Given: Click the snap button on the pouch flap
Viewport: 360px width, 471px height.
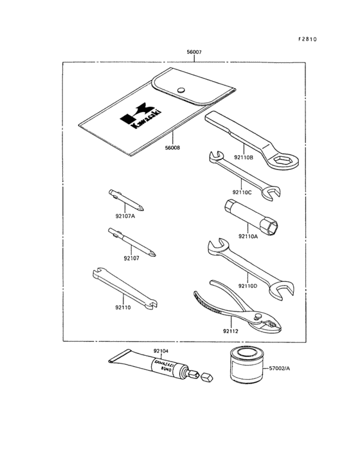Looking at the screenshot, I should point(181,91).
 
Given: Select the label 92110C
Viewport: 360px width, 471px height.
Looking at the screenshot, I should point(244,192).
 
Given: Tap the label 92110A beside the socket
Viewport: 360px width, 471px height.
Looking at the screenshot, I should point(249,236).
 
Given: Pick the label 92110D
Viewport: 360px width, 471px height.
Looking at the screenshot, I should point(247,285).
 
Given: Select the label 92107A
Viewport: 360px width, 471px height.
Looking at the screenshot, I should point(125,216).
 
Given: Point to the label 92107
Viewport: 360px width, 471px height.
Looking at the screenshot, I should point(132,259).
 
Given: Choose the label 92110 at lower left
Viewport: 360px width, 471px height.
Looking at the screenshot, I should point(123,308).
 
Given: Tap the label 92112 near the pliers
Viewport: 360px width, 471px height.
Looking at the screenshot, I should point(231,331).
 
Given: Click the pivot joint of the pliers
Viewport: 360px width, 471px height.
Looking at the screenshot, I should point(260,317).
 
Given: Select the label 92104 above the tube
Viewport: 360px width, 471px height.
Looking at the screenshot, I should point(161,351).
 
